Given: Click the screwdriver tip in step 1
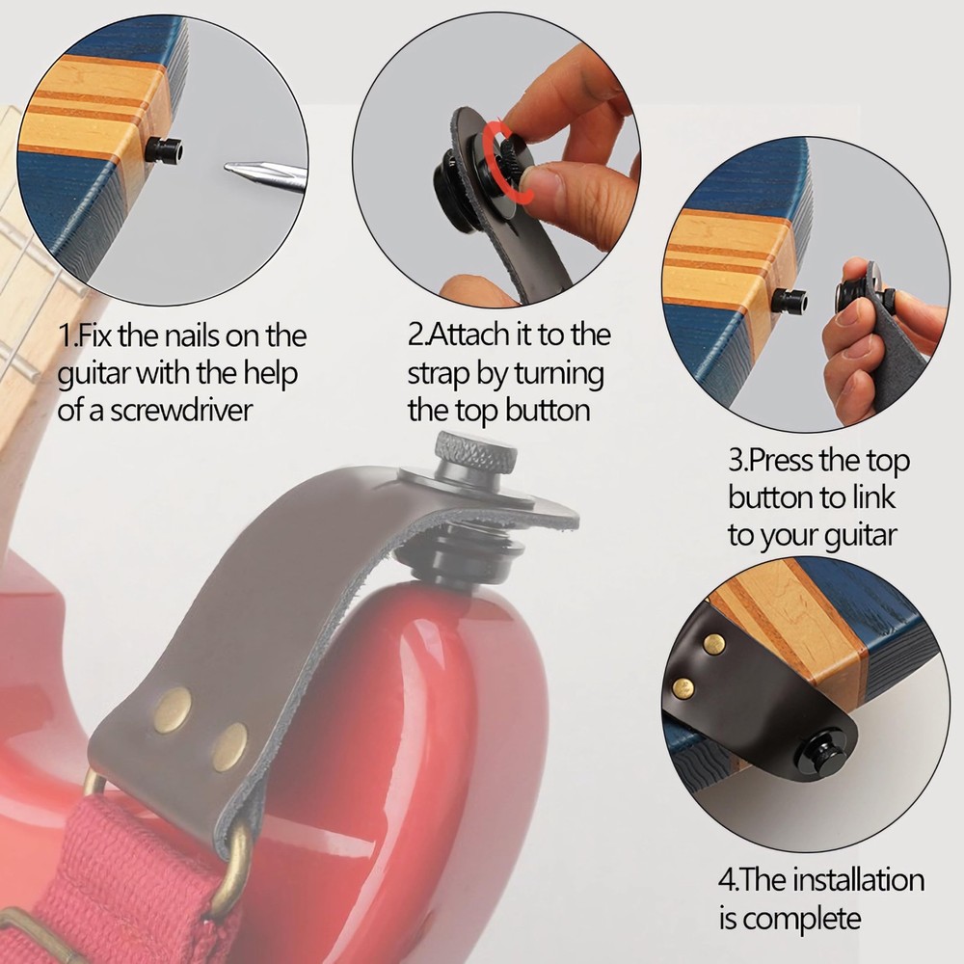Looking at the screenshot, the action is pyautogui.click(x=227, y=167).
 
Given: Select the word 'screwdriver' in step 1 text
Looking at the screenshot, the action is pyautogui.click(x=182, y=411).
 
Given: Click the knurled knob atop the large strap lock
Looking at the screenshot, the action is pyautogui.click(x=476, y=451).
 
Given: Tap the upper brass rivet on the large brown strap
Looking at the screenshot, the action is pyautogui.click(x=173, y=710).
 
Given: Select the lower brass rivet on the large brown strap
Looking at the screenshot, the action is pyautogui.click(x=229, y=747).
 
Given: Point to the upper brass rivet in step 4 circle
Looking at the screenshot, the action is pyautogui.click(x=714, y=643).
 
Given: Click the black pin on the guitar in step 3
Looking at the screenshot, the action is pyautogui.click(x=790, y=300).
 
